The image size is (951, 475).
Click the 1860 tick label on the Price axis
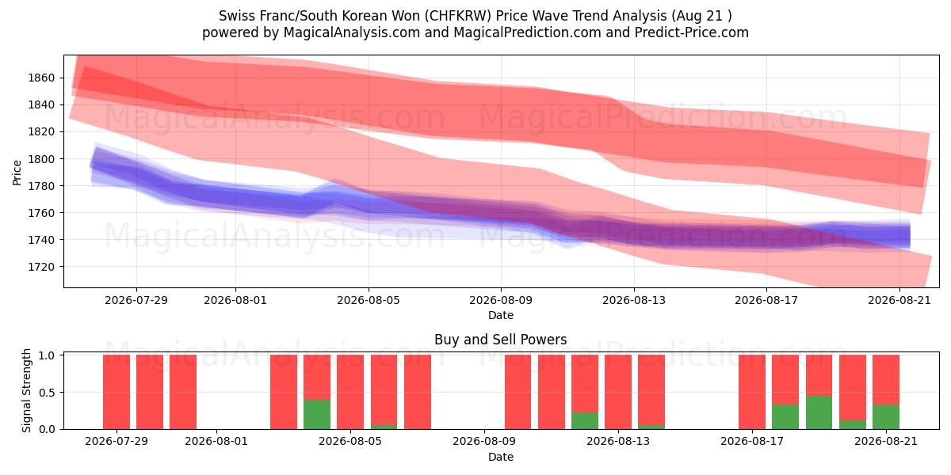pyautogui.click(x=41, y=78)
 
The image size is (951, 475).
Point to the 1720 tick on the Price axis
pyautogui.click(x=41, y=268)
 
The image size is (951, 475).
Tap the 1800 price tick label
pyautogui.click(x=41, y=159)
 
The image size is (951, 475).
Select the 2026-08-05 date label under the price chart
pyautogui.click(x=369, y=300)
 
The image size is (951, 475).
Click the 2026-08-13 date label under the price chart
pyautogui.click(x=634, y=300)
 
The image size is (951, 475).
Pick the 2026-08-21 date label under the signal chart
pyautogui.click(x=886, y=441)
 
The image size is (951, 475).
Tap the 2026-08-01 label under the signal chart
pyautogui.click(x=216, y=441)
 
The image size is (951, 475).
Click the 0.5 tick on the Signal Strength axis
pyautogui.click(x=47, y=393)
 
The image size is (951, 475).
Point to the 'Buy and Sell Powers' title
pyautogui.click(x=501, y=340)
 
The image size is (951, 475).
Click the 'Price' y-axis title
pyautogui.click(x=17, y=173)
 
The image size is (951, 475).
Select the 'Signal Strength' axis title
pyautogui.click(x=26, y=390)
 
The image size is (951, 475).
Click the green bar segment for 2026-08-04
pyautogui.click(x=317, y=414)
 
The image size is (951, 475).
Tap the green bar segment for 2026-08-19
pyautogui.click(x=819, y=412)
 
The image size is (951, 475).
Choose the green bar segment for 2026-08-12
pyautogui.click(x=585, y=420)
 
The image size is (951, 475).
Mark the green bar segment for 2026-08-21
pyautogui.click(x=886, y=417)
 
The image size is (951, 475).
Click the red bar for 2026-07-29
pyautogui.click(x=116, y=392)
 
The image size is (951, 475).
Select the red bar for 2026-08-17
pyautogui.click(x=752, y=392)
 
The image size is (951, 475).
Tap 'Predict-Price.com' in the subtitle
pyautogui.click(x=692, y=32)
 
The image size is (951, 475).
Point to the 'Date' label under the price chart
pyautogui.click(x=501, y=316)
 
